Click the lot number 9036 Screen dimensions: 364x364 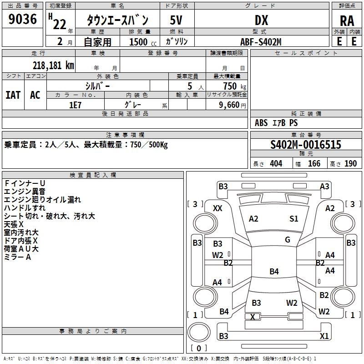point(23,20)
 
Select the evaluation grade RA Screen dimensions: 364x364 point(347,20)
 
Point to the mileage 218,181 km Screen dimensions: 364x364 point(53,65)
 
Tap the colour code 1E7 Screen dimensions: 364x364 point(75,104)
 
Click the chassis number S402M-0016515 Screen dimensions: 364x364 point(306,145)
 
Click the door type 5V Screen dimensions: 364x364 point(177,20)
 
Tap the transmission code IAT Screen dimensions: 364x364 point(13,95)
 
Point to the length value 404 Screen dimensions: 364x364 point(276,164)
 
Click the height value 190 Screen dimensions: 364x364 point(350,164)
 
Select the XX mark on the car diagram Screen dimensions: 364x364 point(217,208)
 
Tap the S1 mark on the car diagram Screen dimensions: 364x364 point(294,219)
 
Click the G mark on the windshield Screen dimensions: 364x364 point(288,240)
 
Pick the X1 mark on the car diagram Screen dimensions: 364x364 point(324,336)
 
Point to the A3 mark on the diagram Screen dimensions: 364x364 point(324,186)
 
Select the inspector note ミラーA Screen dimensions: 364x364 point(17,257)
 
